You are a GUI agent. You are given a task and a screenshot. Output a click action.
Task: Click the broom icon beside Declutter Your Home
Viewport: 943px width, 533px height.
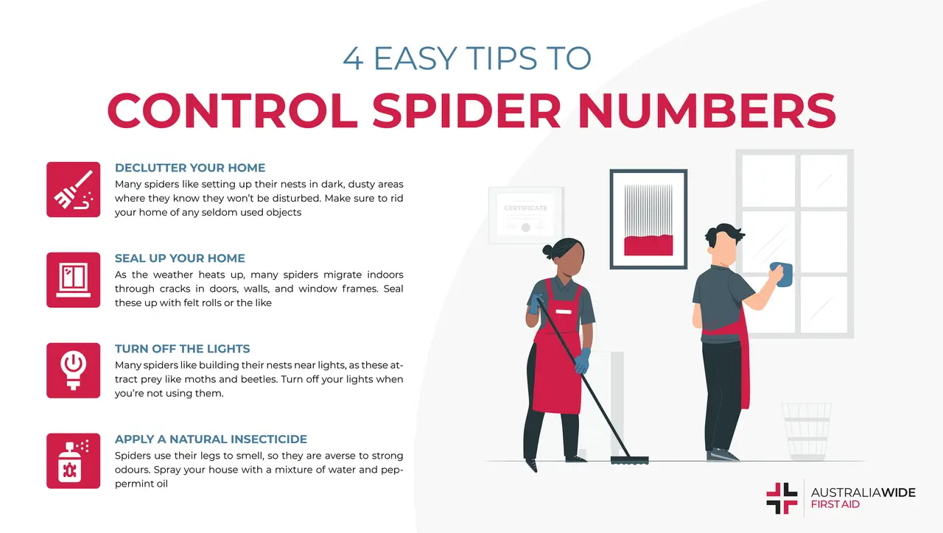pyautogui.click(x=73, y=189)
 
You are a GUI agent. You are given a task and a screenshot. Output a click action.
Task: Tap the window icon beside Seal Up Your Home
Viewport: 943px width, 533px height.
pyautogui.click(x=73, y=280)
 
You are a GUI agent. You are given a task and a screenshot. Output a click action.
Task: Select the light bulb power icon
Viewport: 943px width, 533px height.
pyautogui.click(x=73, y=370)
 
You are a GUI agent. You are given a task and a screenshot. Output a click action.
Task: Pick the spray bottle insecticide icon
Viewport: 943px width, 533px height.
pyautogui.click(x=73, y=461)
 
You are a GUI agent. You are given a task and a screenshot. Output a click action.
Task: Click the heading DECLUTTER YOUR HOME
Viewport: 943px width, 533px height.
pyautogui.click(x=190, y=168)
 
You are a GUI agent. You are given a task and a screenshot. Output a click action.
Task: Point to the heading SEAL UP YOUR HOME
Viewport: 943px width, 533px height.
pyautogui.click(x=180, y=258)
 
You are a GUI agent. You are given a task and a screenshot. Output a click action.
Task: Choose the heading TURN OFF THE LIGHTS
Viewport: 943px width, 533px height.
pyautogui.click(x=182, y=349)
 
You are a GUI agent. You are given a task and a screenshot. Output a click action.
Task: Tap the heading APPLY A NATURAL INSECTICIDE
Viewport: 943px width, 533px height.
pyautogui.click(x=211, y=440)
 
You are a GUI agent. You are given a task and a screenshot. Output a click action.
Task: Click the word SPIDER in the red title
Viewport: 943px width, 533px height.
pyautogui.click(x=471, y=111)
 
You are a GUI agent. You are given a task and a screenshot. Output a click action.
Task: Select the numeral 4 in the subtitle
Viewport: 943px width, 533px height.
pyautogui.click(x=353, y=60)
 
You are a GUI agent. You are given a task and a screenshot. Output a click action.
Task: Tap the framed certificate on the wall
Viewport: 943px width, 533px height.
pyautogui.click(x=525, y=212)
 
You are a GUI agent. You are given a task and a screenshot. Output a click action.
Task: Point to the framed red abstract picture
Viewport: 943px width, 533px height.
pyautogui.click(x=648, y=219)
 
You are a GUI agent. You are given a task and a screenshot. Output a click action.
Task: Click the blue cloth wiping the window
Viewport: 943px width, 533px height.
pyautogui.click(x=782, y=275)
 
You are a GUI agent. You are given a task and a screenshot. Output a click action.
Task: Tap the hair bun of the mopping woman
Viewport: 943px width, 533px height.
pyautogui.click(x=548, y=250)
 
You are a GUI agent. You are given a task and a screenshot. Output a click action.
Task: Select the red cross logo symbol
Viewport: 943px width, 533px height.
pyautogui.click(x=782, y=498)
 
